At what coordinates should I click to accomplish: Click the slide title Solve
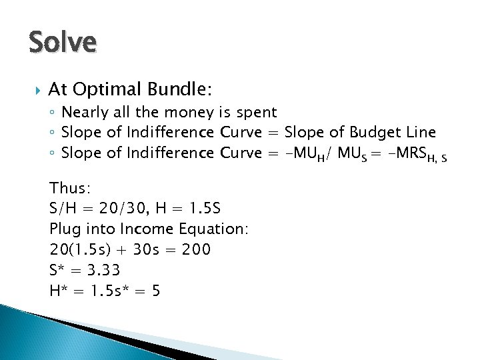[63, 43]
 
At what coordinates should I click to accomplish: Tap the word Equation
[213, 229]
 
